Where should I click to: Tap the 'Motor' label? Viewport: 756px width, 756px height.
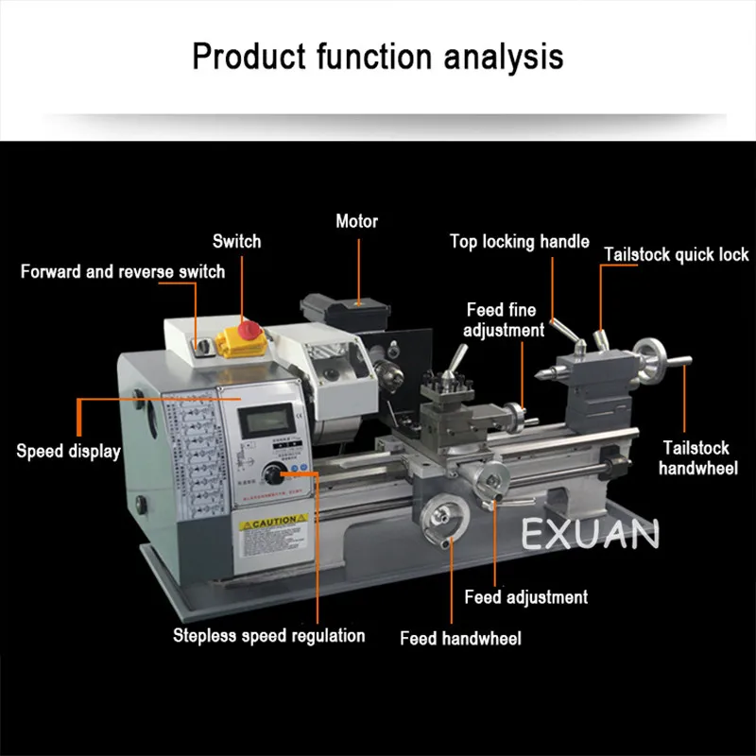[356, 222]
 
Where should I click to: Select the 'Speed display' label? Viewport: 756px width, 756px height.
[68, 451]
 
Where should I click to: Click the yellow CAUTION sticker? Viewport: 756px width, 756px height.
[273, 522]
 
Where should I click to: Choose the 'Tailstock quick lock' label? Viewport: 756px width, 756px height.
[677, 254]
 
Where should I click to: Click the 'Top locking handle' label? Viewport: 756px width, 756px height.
[519, 242]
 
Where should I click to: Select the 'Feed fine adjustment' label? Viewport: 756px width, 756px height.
[505, 319]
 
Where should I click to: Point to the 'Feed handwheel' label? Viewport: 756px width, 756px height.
[460, 639]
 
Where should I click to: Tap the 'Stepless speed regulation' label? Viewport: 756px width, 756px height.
[268, 635]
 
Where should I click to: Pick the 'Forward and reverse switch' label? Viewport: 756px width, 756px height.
[123, 272]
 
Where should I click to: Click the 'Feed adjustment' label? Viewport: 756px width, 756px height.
[525, 597]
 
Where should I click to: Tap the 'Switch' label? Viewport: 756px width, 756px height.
[236, 241]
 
